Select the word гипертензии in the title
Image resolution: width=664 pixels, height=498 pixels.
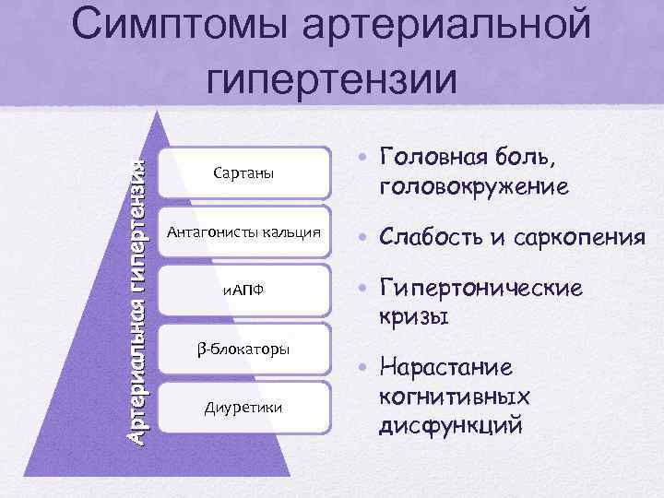click(332, 81)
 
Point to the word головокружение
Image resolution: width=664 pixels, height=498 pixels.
click(472, 187)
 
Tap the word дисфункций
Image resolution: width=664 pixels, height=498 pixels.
click(450, 426)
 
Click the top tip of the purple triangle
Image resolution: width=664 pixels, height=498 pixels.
click(167, 113)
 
